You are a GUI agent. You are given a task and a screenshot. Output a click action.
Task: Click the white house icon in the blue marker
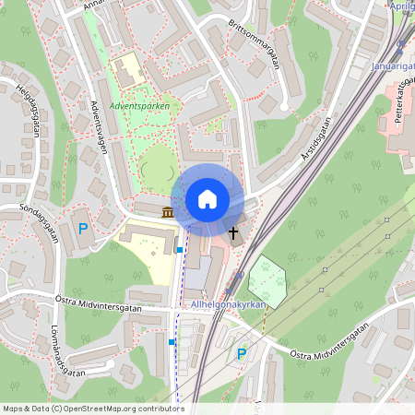(207, 198)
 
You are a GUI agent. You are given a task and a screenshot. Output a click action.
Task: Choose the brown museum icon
(167, 214)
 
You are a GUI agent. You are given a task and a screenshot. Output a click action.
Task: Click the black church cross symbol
(233, 233)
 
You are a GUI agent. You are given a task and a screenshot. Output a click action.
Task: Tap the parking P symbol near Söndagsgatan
(82, 229)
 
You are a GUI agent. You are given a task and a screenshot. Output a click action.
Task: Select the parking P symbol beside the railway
(242, 353)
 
